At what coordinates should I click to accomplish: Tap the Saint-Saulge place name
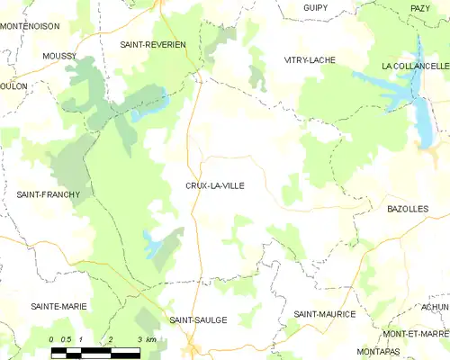[x=198, y=319]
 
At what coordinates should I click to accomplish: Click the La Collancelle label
[x=415, y=67]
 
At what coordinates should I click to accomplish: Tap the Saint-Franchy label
[x=49, y=193]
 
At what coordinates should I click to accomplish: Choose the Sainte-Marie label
[x=59, y=306]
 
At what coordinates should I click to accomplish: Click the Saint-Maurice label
[x=325, y=313]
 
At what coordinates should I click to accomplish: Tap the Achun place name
[x=435, y=306]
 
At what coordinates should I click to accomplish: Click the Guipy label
[x=315, y=7]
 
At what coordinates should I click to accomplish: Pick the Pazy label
[x=420, y=7]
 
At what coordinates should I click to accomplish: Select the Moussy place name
[x=58, y=56]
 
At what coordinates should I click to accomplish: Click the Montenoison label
[x=30, y=26]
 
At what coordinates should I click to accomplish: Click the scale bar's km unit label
[x=152, y=339]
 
